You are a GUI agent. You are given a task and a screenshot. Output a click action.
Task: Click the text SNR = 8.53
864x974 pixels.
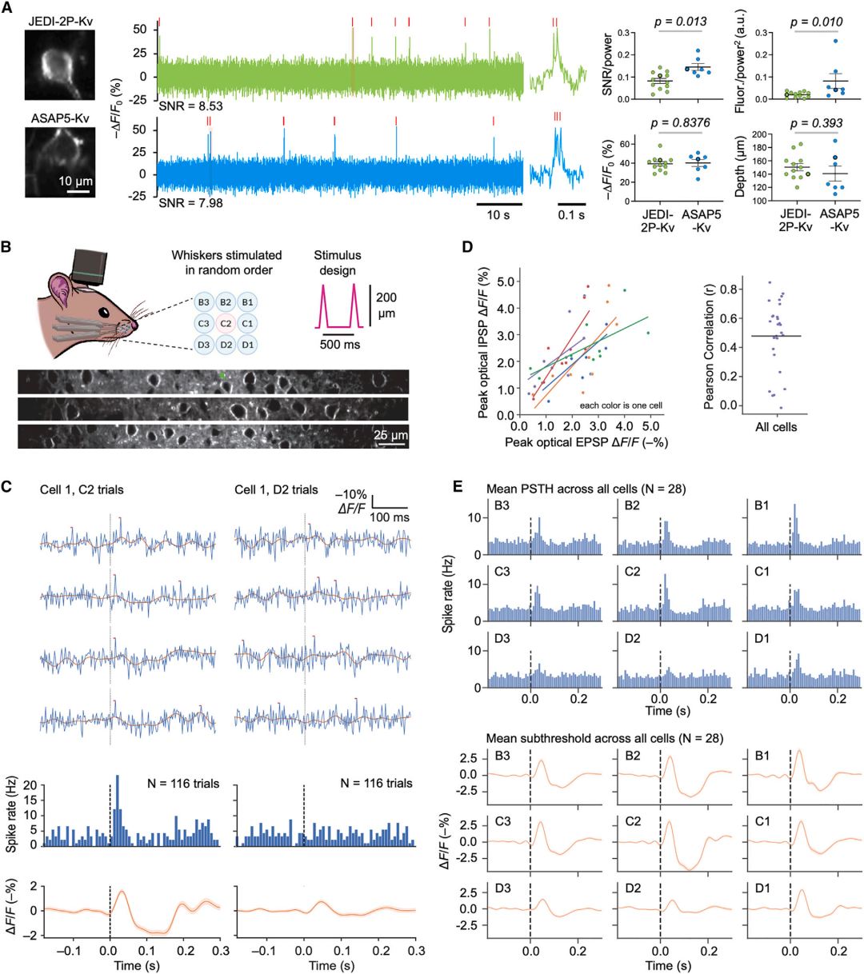click(x=190, y=106)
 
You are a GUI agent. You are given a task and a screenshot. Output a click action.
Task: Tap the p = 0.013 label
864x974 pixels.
click(x=679, y=22)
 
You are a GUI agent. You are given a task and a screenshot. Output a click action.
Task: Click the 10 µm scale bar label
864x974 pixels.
click(x=76, y=182)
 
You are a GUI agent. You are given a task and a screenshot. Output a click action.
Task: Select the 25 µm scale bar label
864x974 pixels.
click(x=390, y=436)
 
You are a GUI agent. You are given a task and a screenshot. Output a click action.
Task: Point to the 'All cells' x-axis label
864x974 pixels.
click(x=775, y=427)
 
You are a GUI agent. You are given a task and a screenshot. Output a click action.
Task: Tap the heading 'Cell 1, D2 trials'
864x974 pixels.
click(x=276, y=489)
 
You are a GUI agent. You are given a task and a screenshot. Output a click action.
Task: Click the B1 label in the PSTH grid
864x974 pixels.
click(x=758, y=505)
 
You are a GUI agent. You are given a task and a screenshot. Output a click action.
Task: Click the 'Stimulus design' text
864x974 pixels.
click(x=338, y=262)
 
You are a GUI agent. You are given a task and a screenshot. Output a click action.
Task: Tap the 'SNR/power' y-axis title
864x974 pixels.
click(x=608, y=66)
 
